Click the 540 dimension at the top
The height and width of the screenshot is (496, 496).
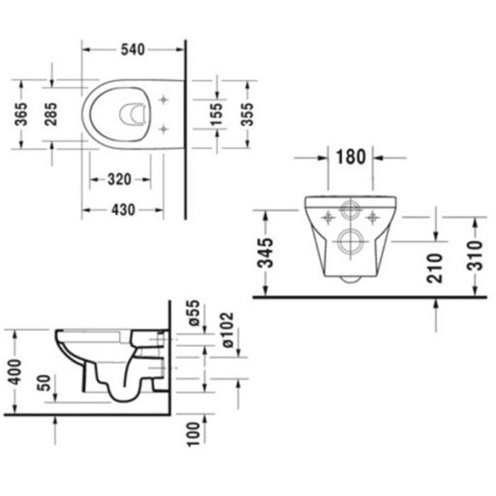(133, 49)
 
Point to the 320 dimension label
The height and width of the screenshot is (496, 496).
(118, 179)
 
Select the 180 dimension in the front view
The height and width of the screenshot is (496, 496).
(351, 157)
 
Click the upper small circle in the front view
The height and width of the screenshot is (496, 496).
(348, 211)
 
